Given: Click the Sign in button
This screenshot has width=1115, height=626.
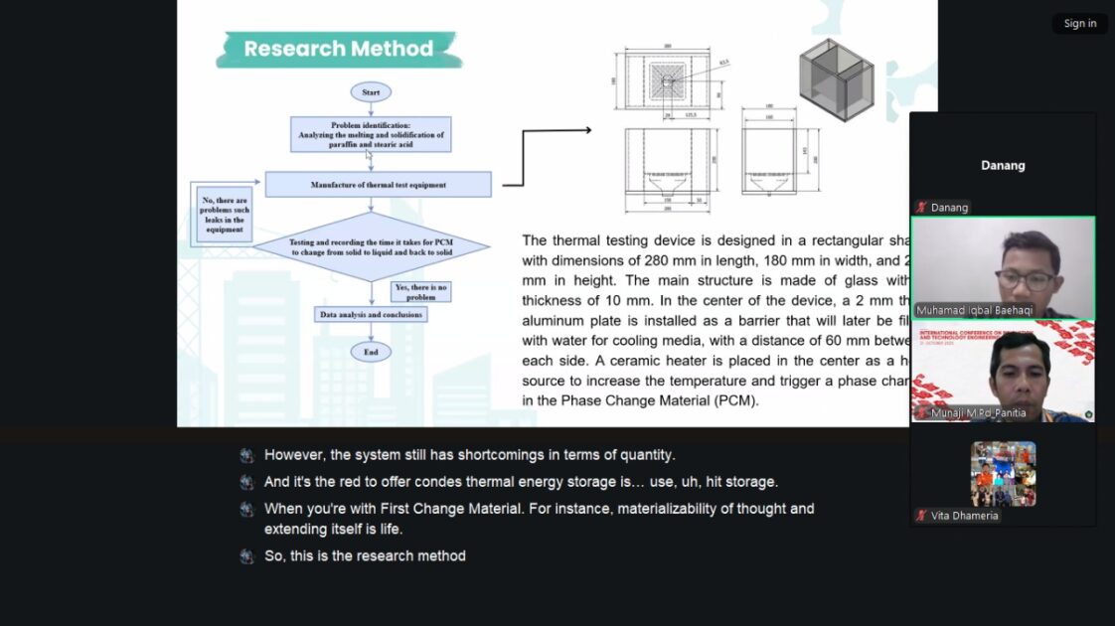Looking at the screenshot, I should [1079, 24].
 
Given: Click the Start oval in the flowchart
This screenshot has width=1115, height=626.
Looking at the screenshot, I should [371, 92].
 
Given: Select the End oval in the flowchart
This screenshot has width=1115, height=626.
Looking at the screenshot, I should [371, 352].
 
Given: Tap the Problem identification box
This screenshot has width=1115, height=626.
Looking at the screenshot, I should [371, 134].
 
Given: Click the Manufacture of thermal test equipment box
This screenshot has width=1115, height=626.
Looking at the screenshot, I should [378, 185].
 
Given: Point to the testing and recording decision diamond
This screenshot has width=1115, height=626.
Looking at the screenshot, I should [371, 247].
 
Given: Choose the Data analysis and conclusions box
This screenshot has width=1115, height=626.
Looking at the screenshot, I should [371, 314].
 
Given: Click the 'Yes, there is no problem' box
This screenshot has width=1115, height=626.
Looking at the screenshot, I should [421, 291].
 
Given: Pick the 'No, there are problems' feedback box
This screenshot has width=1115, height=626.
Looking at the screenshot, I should [225, 216].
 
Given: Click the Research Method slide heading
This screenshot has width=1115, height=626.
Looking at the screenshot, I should [338, 49].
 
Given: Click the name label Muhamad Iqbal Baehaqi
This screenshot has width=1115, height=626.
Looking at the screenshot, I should [960, 310].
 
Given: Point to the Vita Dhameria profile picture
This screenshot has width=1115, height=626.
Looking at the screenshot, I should [1003, 474].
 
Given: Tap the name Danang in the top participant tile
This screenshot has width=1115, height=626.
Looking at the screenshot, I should [1003, 165].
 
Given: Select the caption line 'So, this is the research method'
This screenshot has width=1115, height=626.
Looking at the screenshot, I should [365, 556].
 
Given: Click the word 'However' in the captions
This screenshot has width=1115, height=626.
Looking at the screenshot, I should [294, 455].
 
